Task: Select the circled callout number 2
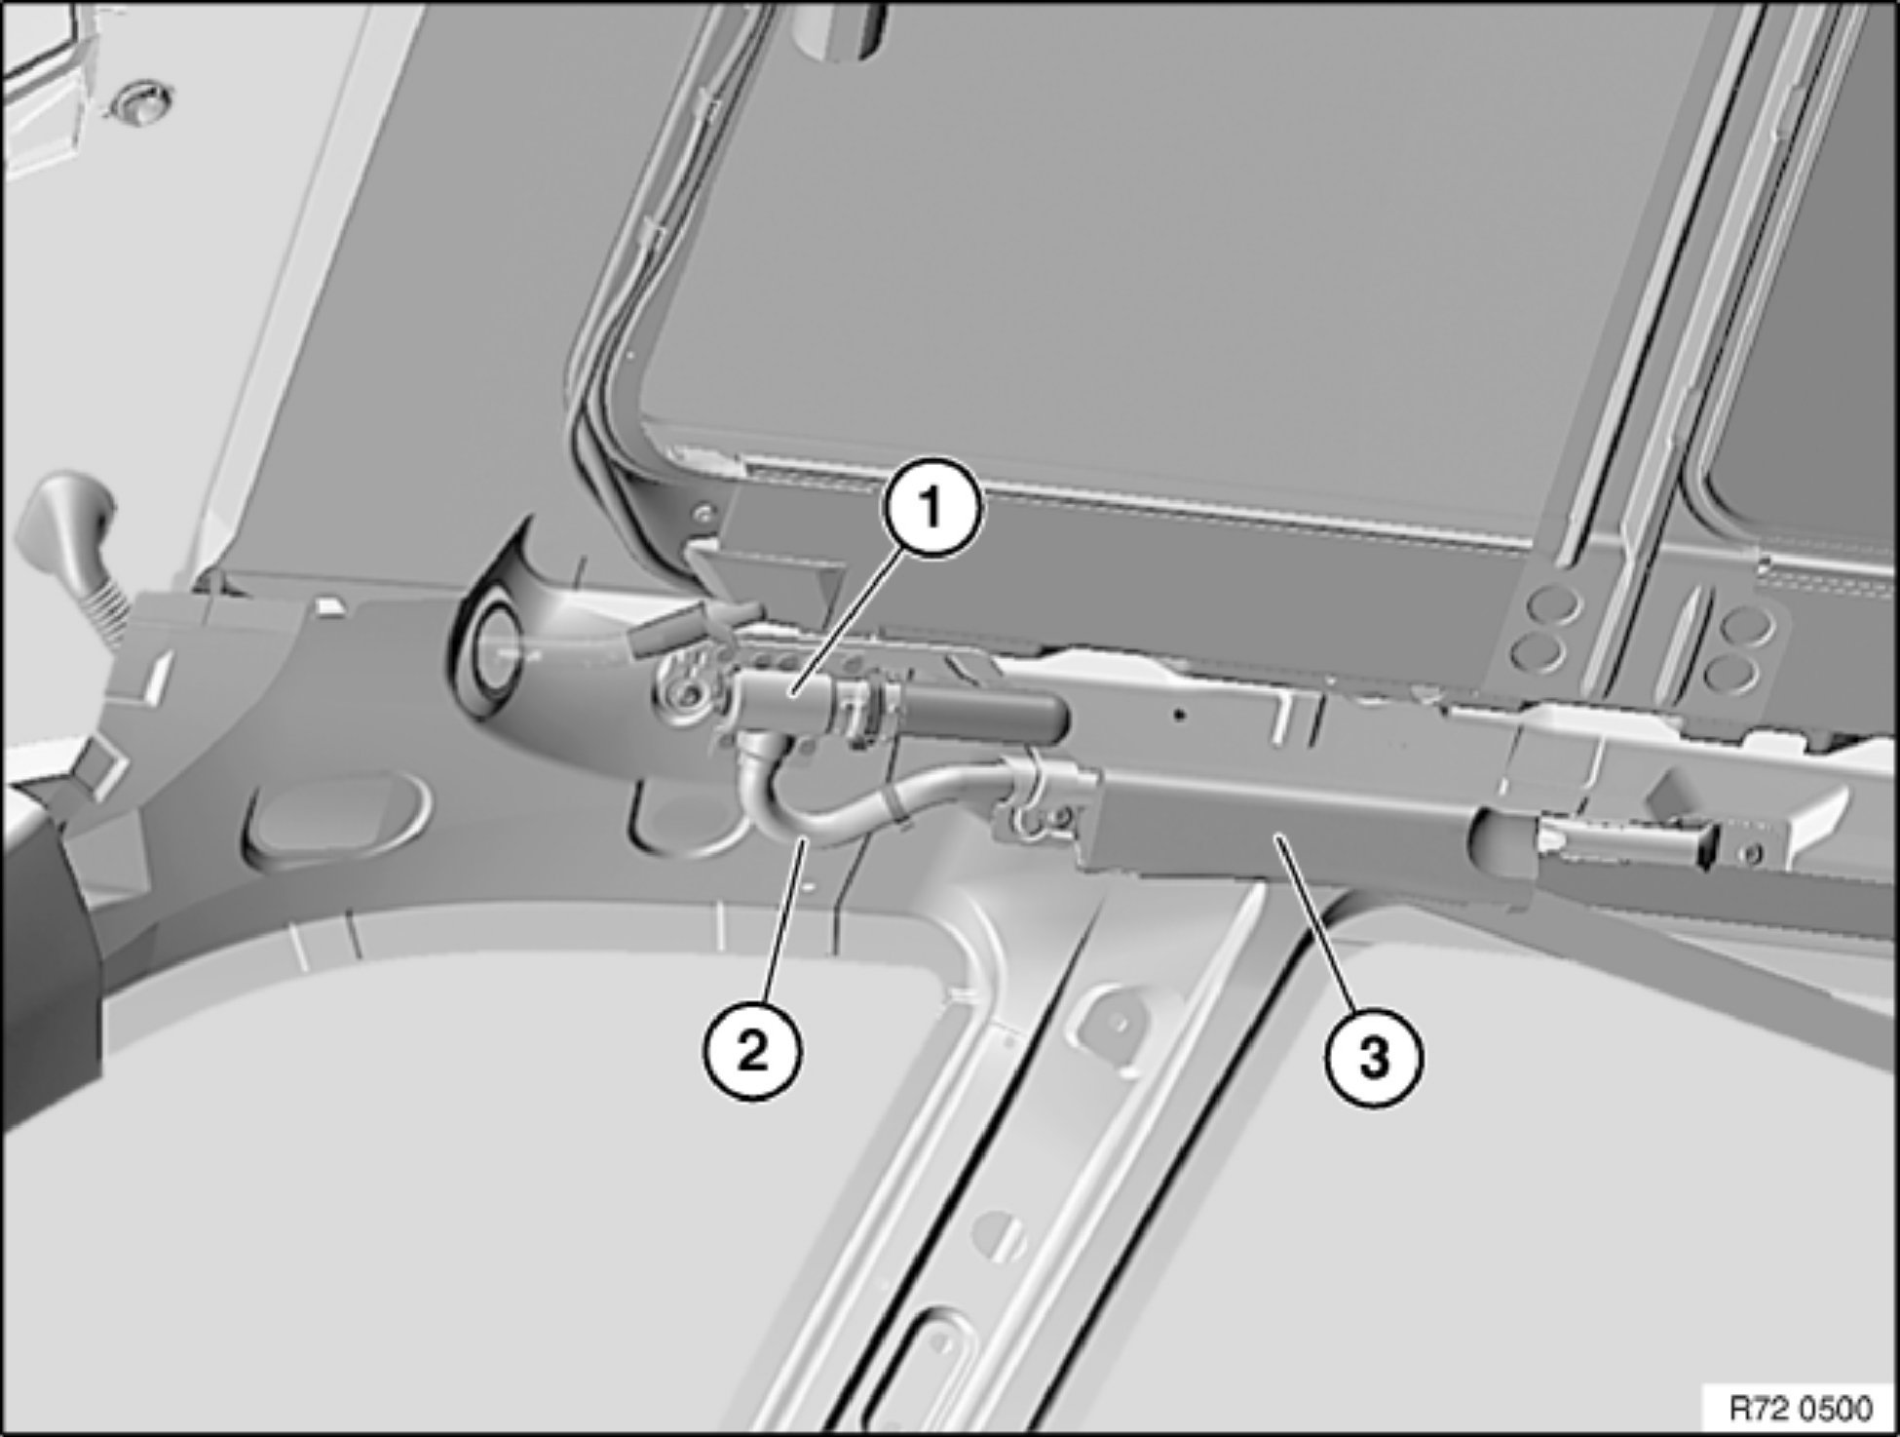[752, 1053]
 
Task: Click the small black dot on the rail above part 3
[1180, 715]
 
